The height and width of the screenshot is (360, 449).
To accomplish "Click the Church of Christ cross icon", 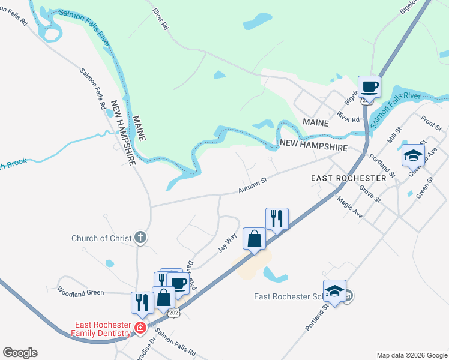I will (140, 238).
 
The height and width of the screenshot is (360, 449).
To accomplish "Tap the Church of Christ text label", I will (101, 238).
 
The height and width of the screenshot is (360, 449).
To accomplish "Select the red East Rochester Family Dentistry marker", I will (140, 328).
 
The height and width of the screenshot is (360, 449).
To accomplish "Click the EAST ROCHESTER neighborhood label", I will (348, 178).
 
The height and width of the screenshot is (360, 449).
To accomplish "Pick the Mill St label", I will (394, 136).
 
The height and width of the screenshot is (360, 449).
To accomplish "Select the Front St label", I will (431, 124).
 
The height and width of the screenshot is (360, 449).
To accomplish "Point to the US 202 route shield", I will (173, 313).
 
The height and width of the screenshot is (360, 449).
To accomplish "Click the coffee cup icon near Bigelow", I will (369, 86).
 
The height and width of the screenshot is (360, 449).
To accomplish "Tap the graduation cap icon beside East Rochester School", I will (335, 291).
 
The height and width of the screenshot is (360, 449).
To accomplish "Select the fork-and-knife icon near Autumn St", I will (277, 218).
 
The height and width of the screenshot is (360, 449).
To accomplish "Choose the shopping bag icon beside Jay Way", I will (254, 238).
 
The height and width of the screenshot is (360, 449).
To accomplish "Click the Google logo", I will (20, 353).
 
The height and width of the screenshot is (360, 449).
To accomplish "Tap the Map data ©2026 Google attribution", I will (411, 355).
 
